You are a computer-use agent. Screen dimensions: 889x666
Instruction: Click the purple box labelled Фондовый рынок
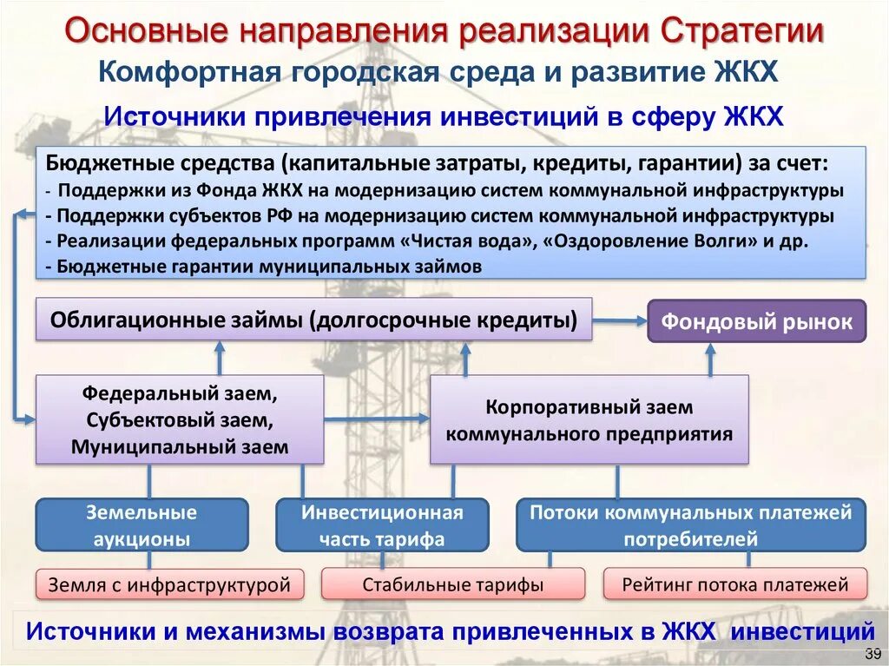click(757, 322)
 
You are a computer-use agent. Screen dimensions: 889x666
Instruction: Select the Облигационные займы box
click(313, 320)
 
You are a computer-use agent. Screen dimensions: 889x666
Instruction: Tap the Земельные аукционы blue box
click(141, 525)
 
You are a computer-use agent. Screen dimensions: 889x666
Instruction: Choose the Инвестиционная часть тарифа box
click(382, 525)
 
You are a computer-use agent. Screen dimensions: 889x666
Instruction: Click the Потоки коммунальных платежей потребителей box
click(690, 525)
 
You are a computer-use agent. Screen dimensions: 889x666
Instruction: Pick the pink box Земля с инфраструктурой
click(169, 585)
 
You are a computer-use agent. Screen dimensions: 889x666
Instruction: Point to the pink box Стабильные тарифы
click(452, 585)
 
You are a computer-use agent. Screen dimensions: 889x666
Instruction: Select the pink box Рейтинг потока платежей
click(734, 584)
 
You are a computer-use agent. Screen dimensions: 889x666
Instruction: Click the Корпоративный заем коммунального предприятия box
click(589, 420)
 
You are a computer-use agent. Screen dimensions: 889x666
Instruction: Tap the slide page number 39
click(872, 652)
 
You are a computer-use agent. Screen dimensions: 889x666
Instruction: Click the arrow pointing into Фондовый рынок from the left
click(621, 321)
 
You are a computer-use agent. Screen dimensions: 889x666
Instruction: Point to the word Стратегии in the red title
click(743, 32)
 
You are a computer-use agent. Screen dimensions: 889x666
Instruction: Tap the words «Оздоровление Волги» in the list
click(649, 241)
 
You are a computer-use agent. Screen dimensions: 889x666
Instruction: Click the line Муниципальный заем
click(180, 447)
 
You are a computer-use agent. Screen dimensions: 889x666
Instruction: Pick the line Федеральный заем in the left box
click(180, 393)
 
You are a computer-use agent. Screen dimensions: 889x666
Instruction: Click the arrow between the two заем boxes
click(377, 419)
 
